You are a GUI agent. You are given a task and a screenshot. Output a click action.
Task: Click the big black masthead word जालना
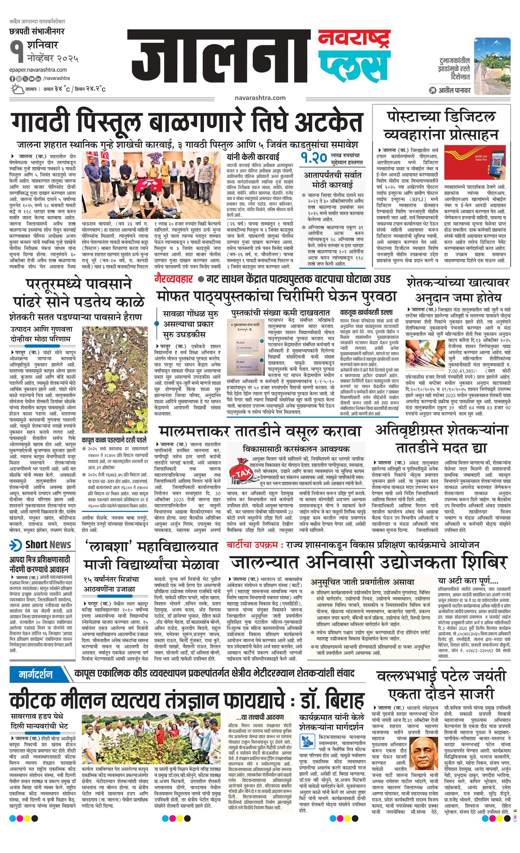click(x=218, y=61)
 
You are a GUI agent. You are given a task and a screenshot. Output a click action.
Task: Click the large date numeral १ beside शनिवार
click(x=16, y=50)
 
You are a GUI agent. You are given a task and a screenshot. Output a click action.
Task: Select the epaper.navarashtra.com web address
click(x=38, y=70)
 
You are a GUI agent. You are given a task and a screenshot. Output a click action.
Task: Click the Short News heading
click(x=42, y=544)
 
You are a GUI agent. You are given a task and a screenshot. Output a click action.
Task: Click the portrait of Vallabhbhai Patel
click(x=424, y=756)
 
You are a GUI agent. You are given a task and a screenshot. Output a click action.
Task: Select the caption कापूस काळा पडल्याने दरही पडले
click(x=114, y=440)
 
